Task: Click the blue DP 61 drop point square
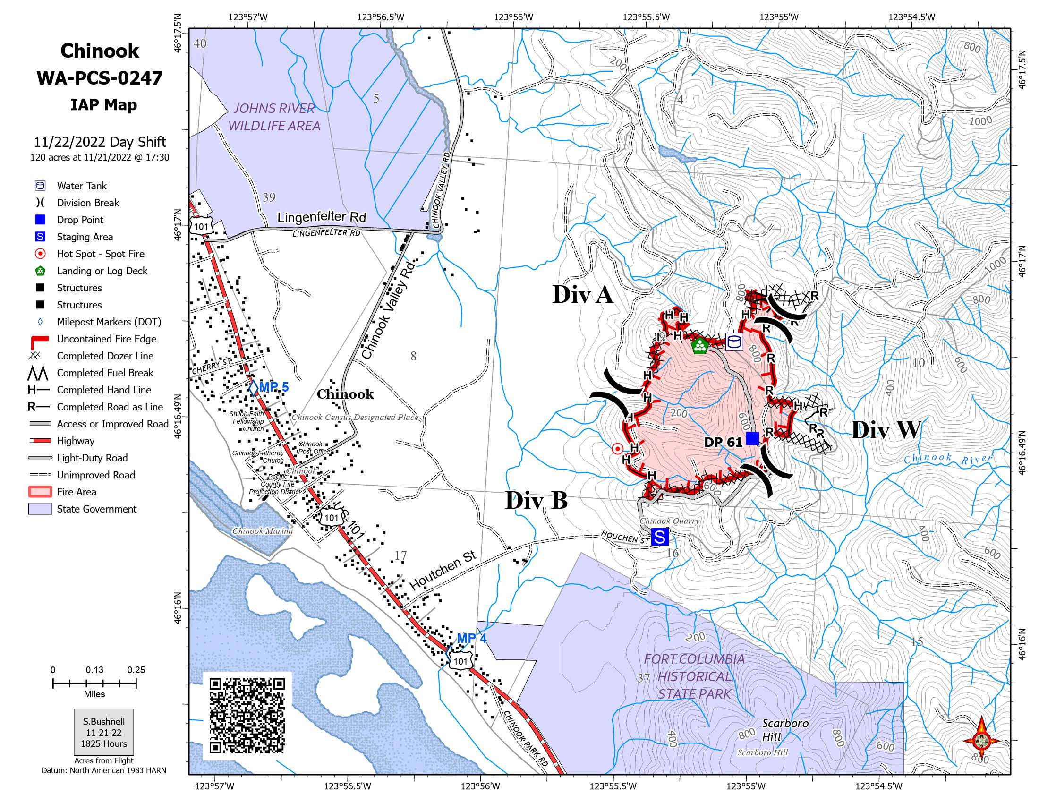pyautogui.click(x=752, y=438)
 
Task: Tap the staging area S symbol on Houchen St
pyautogui.click(x=660, y=537)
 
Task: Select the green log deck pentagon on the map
pyautogui.click(x=699, y=346)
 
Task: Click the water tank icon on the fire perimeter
pyautogui.click(x=734, y=342)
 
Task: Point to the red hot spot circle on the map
pyautogui.click(x=617, y=449)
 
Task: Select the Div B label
pyautogui.click(x=536, y=501)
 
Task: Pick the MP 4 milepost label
pyautogui.click(x=471, y=639)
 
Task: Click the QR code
pyautogui.click(x=247, y=716)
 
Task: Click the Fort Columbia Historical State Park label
pyautogui.click(x=694, y=676)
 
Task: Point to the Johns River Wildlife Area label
pyautogui.click(x=274, y=117)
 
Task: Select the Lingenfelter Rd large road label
pyautogui.click(x=322, y=217)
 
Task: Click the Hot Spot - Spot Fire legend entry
pyautogui.click(x=101, y=254)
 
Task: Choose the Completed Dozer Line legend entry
pyautogui.click(x=105, y=356)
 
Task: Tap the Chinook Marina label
pyautogui.click(x=262, y=531)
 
